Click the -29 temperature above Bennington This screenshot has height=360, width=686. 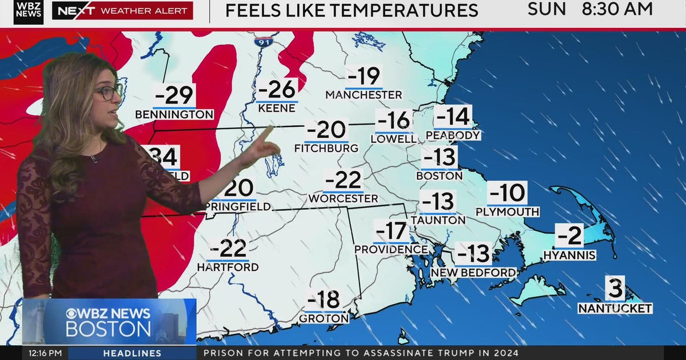[x=174, y=94]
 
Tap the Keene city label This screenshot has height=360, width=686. [x=277, y=107]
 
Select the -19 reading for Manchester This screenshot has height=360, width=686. [x=364, y=77]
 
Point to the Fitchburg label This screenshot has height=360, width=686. [x=326, y=148]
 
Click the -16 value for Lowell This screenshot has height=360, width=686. [x=394, y=121]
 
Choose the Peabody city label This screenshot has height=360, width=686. [x=453, y=135]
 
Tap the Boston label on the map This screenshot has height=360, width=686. [x=439, y=176]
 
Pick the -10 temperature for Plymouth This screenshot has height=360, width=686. [x=507, y=193]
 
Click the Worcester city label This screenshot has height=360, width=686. [x=343, y=198]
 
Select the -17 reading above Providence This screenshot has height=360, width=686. [x=392, y=231]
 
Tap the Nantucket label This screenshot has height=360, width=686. [x=615, y=309]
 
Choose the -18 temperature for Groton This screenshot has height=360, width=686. [x=324, y=299]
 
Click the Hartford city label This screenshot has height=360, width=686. [x=228, y=267]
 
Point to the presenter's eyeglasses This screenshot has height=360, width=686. [x=108, y=93]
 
